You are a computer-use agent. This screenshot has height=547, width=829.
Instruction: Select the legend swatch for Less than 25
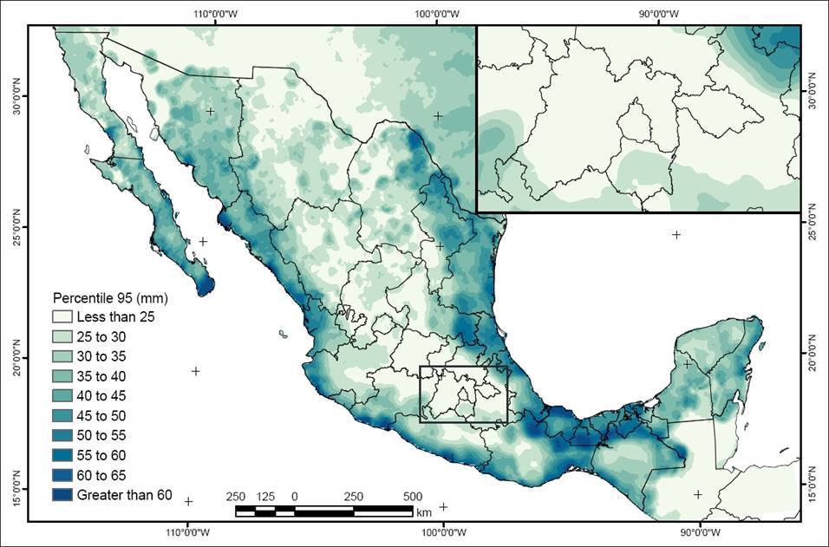62,316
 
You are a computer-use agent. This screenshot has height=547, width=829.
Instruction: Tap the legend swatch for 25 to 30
62,336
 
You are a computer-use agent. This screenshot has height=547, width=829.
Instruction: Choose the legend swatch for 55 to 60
62,455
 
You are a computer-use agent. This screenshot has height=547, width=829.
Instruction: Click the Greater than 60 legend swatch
62,495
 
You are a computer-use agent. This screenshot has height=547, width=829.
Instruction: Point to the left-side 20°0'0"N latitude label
13,356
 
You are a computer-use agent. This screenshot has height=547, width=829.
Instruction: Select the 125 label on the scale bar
265,496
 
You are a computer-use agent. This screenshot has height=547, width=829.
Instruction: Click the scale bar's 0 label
295,496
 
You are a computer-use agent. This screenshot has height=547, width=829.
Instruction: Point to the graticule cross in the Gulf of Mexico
676,235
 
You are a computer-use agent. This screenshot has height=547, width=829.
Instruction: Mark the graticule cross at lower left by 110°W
188,501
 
